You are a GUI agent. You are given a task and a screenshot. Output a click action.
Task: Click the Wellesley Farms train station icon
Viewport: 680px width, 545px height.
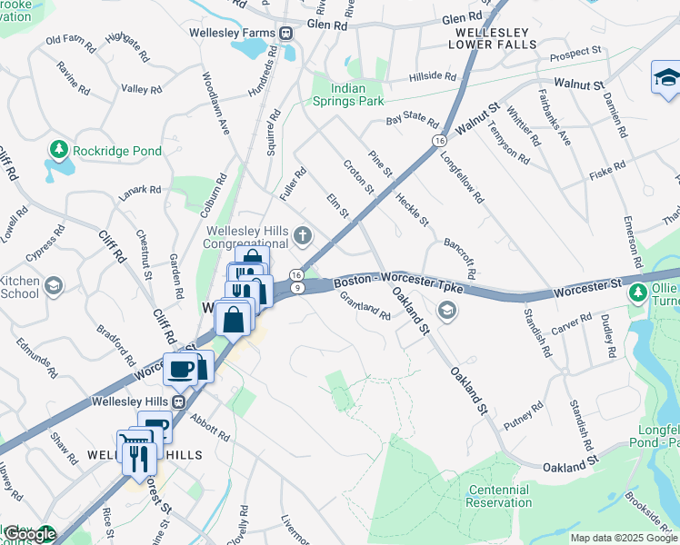286,33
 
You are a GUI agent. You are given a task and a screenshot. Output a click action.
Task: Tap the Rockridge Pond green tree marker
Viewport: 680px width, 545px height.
59,148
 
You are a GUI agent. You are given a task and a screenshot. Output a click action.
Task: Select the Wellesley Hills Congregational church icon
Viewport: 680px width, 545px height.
304,237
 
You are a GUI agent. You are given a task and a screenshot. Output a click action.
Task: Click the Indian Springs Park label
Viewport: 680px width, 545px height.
349,94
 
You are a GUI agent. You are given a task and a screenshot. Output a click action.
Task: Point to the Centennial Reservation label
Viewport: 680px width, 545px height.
499,496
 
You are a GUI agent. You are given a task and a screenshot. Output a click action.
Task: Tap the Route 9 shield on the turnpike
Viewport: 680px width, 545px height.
297,287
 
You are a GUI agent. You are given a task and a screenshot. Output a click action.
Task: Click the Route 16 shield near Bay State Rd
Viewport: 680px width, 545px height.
439,142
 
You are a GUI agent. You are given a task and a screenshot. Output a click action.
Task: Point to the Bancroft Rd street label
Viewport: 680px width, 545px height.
460,259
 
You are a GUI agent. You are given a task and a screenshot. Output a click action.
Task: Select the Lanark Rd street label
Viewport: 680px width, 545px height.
139,192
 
